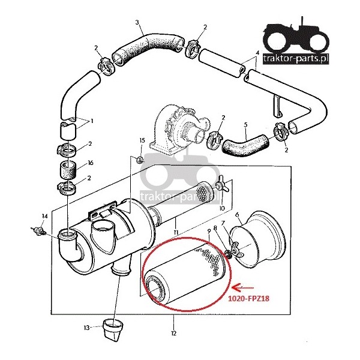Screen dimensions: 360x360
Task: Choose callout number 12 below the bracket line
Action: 174,333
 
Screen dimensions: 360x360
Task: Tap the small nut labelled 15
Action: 139,159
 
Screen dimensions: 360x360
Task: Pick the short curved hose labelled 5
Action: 243,144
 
